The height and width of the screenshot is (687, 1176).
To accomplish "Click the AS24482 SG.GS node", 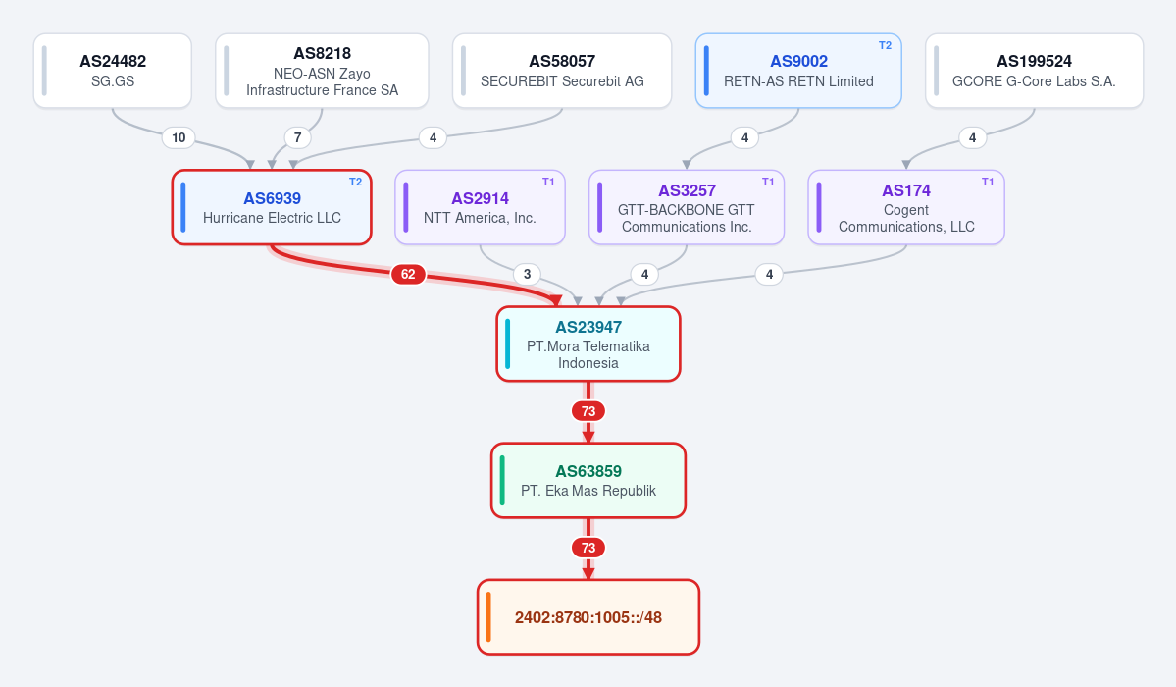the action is [113, 71].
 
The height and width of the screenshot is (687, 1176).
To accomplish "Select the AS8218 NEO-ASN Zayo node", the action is [322, 71].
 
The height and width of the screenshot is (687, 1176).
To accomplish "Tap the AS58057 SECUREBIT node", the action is [562, 71].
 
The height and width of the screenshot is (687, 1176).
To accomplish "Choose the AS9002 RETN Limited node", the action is [798, 71].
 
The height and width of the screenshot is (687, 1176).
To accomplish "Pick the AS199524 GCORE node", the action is [1034, 71].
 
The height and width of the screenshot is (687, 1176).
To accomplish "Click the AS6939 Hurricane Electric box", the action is [272, 207].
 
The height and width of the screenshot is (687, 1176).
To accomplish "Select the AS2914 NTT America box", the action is [480, 207].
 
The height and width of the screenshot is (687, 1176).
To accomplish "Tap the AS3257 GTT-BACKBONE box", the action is [687, 207].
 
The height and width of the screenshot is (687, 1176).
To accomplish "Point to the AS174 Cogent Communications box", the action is [906, 207].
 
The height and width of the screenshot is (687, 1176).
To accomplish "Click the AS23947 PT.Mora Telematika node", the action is [588, 343].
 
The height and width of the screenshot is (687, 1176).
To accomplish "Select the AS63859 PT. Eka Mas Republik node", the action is [588, 481].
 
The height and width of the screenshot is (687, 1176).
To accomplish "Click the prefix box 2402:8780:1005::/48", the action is [588, 617].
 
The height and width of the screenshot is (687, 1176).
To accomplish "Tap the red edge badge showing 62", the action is [408, 274].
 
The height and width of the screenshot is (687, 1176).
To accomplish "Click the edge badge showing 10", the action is [179, 137].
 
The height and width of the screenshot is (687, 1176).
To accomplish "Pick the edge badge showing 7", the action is [298, 137].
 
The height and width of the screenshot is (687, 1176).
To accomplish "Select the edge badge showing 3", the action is [528, 274].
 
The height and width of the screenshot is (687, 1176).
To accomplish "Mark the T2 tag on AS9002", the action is [885, 46].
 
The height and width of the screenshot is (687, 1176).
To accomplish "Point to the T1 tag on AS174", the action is [988, 182].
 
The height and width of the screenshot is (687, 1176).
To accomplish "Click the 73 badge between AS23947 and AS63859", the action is [588, 411].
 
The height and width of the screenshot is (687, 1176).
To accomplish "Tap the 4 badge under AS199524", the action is [973, 137].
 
